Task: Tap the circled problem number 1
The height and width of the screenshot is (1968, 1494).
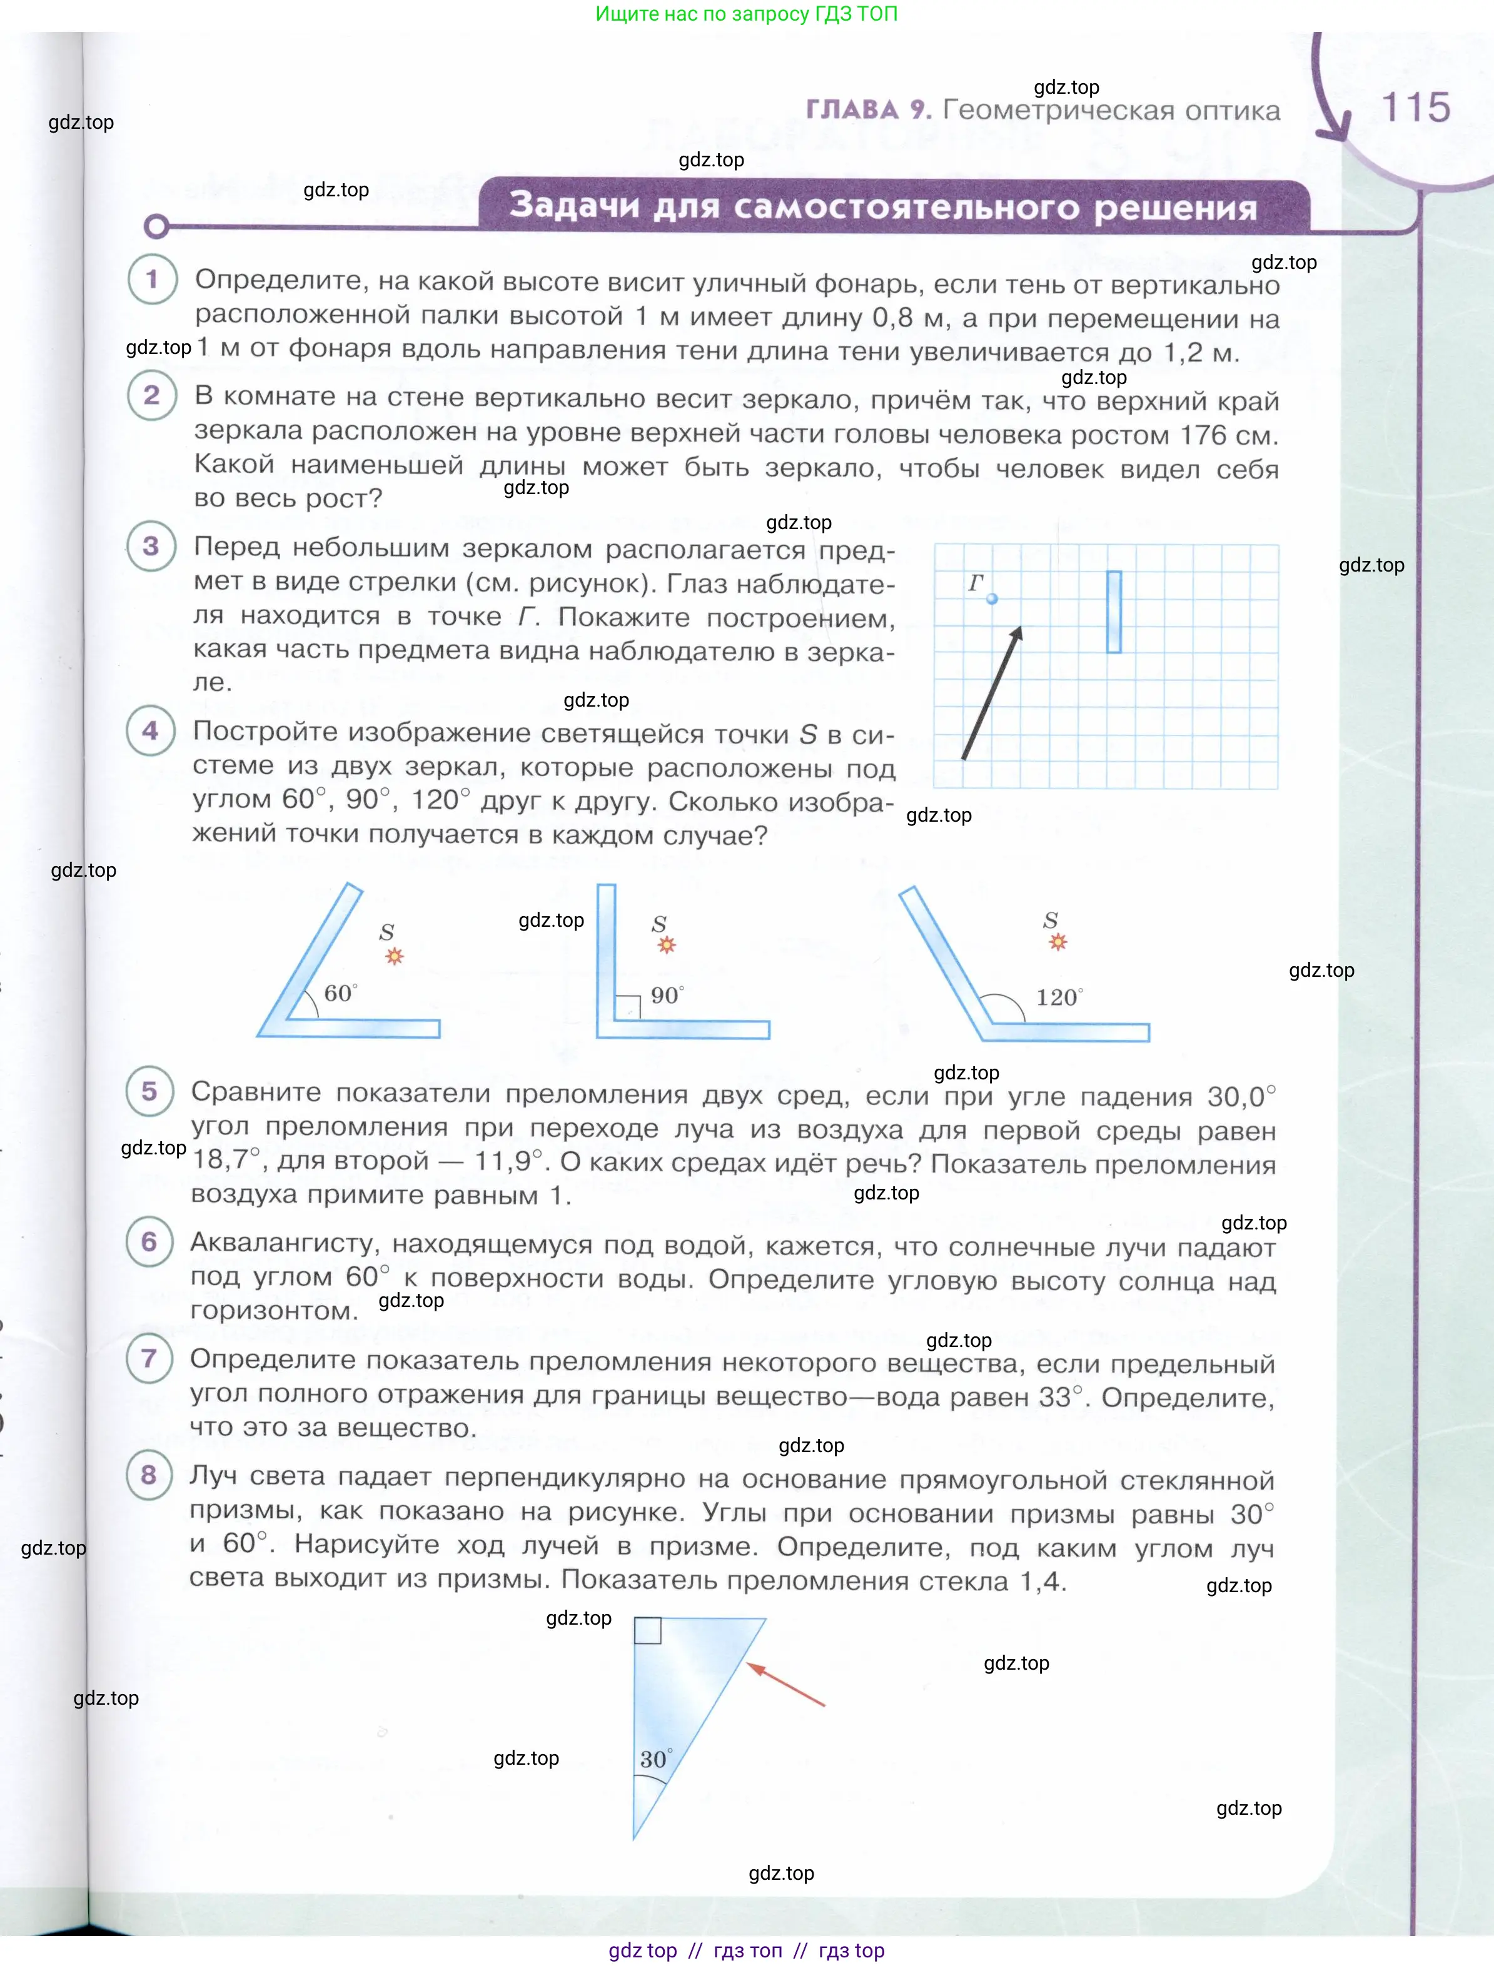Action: click(152, 280)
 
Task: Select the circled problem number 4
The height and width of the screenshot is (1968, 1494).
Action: click(150, 730)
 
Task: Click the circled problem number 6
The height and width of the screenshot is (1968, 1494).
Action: click(149, 1242)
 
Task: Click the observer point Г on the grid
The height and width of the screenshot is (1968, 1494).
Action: click(992, 598)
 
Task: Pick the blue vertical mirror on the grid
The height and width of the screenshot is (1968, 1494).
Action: click(1113, 612)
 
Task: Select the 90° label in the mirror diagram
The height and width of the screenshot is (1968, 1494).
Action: click(667, 995)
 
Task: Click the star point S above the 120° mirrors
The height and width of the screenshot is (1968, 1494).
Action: click(1057, 942)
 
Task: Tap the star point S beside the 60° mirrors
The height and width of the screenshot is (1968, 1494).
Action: click(394, 956)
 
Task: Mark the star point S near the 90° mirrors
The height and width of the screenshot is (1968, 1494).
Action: click(667, 945)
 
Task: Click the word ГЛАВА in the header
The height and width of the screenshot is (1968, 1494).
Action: click(852, 109)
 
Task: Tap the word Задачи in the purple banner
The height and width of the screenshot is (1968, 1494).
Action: click(574, 206)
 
